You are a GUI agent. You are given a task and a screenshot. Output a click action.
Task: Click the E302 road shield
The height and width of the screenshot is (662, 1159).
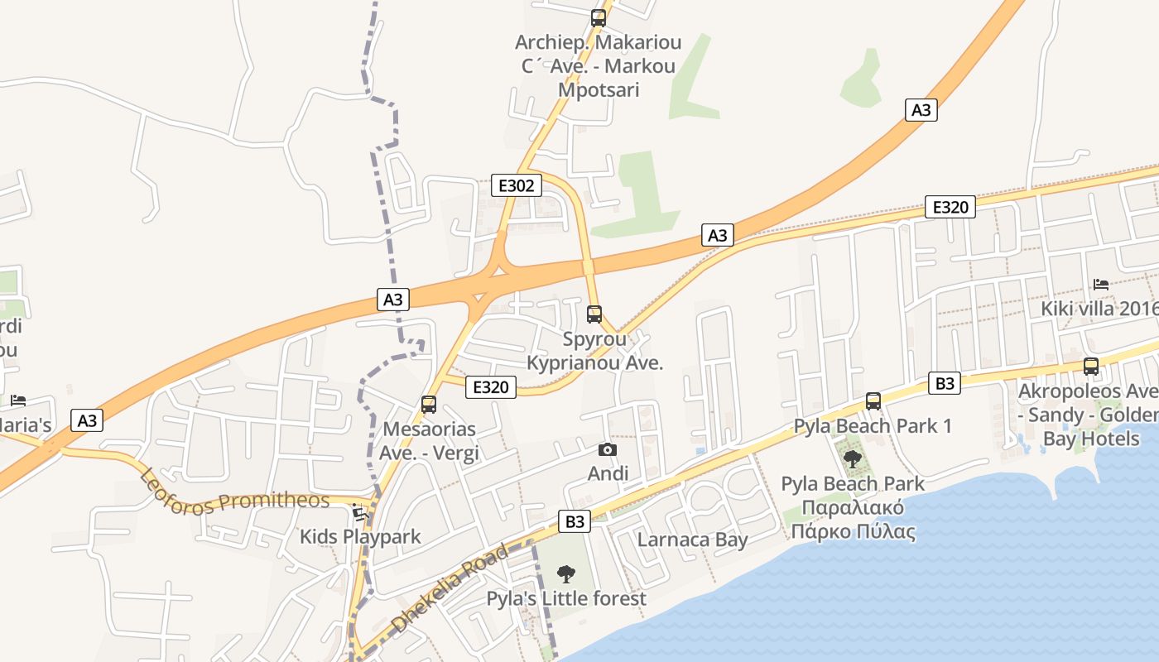[517, 185]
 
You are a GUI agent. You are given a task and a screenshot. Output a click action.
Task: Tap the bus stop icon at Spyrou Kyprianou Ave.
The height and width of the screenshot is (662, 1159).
[594, 314]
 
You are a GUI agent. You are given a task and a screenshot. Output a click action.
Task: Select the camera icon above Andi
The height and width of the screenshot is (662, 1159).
[608, 449]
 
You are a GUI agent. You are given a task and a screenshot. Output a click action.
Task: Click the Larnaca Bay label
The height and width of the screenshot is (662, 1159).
[692, 540]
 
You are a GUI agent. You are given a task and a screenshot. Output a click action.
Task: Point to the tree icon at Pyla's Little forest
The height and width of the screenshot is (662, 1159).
[566, 573]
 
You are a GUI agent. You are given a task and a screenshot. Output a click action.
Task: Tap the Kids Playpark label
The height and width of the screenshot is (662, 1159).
[360, 536]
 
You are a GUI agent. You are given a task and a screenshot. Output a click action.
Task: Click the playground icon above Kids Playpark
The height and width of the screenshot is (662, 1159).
[360, 512]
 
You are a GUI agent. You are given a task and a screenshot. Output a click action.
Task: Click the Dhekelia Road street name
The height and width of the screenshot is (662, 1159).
[449, 588]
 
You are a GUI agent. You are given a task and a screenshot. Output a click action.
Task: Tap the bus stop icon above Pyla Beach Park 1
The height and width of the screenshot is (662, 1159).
[873, 401]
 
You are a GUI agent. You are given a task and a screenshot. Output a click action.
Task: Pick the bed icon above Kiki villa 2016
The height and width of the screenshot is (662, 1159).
[1100, 284]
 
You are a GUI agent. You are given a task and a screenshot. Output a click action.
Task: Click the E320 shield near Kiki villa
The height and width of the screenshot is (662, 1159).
[950, 207]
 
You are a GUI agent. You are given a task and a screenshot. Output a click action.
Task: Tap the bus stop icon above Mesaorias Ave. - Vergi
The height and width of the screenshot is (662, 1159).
[429, 405]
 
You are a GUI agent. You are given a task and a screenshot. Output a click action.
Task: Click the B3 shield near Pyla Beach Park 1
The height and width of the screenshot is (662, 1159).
[945, 383]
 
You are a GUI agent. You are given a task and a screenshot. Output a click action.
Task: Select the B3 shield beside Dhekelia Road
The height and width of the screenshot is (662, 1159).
[575, 521]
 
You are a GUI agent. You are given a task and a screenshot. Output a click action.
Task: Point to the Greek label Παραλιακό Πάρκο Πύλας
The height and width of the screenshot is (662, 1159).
[853, 520]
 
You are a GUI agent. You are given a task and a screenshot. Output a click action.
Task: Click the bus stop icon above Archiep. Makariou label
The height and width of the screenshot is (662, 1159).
[598, 17]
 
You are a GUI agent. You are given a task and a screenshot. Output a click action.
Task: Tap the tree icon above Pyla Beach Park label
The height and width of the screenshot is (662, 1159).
[852, 458]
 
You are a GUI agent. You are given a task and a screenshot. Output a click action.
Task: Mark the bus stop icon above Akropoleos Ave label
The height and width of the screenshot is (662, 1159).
[1091, 367]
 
